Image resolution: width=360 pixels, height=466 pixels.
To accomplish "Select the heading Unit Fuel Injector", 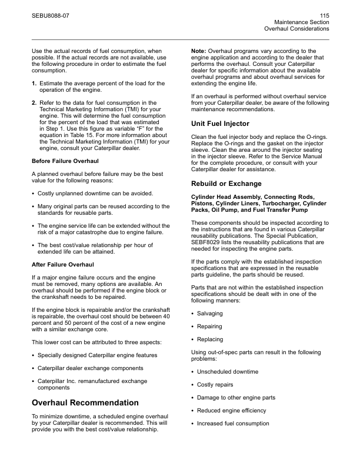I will (x=221, y=124).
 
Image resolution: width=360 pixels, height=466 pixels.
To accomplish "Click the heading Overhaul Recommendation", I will (x=85, y=402).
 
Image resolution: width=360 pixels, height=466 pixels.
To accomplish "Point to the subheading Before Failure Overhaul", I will (x=65, y=161).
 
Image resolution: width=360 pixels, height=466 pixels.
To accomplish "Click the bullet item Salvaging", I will (x=211, y=314).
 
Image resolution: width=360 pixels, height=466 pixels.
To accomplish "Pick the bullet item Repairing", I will (x=210, y=327).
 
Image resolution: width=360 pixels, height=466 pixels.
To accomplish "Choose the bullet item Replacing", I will (x=210, y=339).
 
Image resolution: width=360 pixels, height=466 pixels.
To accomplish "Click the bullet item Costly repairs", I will (x=215, y=385).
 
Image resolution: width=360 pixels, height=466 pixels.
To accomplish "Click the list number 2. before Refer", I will (x=34, y=102).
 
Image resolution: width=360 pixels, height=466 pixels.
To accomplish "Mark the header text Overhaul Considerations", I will (x=296, y=28).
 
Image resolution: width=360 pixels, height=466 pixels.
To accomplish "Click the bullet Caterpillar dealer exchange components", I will (x=90, y=368).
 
